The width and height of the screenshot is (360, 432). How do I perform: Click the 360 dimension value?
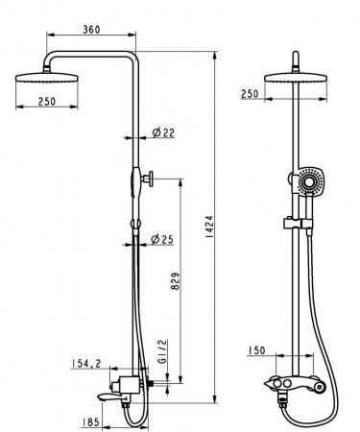[x=91, y=30]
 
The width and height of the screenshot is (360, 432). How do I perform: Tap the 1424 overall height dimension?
[x=209, y=227]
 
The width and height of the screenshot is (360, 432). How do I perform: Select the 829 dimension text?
[x=176, y=281]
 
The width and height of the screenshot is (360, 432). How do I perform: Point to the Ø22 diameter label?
[x=163, y=132]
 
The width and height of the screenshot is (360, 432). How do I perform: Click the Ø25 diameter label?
[x=162, y=239]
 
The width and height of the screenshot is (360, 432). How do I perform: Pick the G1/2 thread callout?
[x=162, y=352]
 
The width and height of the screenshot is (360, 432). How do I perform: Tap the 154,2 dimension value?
[x=86, y=363]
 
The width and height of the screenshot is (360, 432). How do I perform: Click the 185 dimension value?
[x=90, y=422]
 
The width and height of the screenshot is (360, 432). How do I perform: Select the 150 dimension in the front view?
[x=256, y=350]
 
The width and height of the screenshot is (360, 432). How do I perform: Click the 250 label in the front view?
[x=250, y=94]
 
